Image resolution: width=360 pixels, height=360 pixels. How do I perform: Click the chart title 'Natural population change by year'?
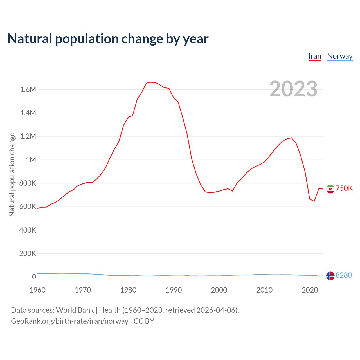click(108, 39)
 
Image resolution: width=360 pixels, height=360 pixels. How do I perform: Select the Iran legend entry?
click(315, 56)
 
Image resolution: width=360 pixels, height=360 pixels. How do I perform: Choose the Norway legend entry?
click(340, 56)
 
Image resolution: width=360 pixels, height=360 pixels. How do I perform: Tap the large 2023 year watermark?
click(293, 89)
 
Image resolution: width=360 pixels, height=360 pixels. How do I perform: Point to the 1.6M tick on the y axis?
click(28, 89)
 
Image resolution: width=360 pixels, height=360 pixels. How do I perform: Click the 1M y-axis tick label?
click(31, 160)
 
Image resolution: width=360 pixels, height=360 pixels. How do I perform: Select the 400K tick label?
click(28, 230)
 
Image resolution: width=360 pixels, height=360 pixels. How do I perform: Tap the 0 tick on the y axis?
click(34, 277)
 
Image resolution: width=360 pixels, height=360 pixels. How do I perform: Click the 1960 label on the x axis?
click(37, 290)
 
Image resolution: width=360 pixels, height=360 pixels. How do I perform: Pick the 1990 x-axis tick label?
click(174, 290)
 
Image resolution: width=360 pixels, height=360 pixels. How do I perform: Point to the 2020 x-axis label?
click(310, 290)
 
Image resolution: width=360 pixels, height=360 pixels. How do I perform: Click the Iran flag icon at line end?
click(330, 189)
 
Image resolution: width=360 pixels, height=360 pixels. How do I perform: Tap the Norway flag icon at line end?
click(330, 276)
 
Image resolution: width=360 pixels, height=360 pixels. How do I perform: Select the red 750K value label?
click(344, 188)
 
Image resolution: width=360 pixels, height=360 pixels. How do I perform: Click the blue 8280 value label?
click(344, 275)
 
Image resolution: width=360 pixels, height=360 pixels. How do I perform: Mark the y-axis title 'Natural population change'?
click(12, 174)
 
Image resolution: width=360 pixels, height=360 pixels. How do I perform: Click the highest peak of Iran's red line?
click(151, 82)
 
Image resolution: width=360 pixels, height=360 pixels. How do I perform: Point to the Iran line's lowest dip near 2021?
click(314, 201)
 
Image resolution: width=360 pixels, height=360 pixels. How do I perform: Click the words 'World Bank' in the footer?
click(75, 310)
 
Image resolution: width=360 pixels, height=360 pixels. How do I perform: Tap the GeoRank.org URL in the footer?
click(69, 321)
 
